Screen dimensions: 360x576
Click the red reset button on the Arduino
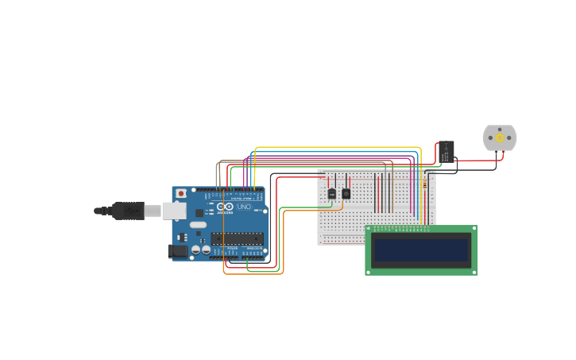click(x=181, y=193)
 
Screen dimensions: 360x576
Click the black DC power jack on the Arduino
click(x=178, y=252)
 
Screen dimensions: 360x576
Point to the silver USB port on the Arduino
click(x=174, y=211)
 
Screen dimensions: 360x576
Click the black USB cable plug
click(x=127, y=211)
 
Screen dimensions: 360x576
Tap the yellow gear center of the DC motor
click(x=500, y=137)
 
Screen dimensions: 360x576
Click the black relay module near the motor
click(x=446, y=151)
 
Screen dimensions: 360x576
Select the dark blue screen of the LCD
click(x=421, y=250)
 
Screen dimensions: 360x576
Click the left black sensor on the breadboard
click(x=331, y=193)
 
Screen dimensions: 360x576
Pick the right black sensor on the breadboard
click(x=346, y=193)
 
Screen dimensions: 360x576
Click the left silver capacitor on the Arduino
click(x=195, y=250)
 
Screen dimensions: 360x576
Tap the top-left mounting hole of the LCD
click(x=369, y=230)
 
